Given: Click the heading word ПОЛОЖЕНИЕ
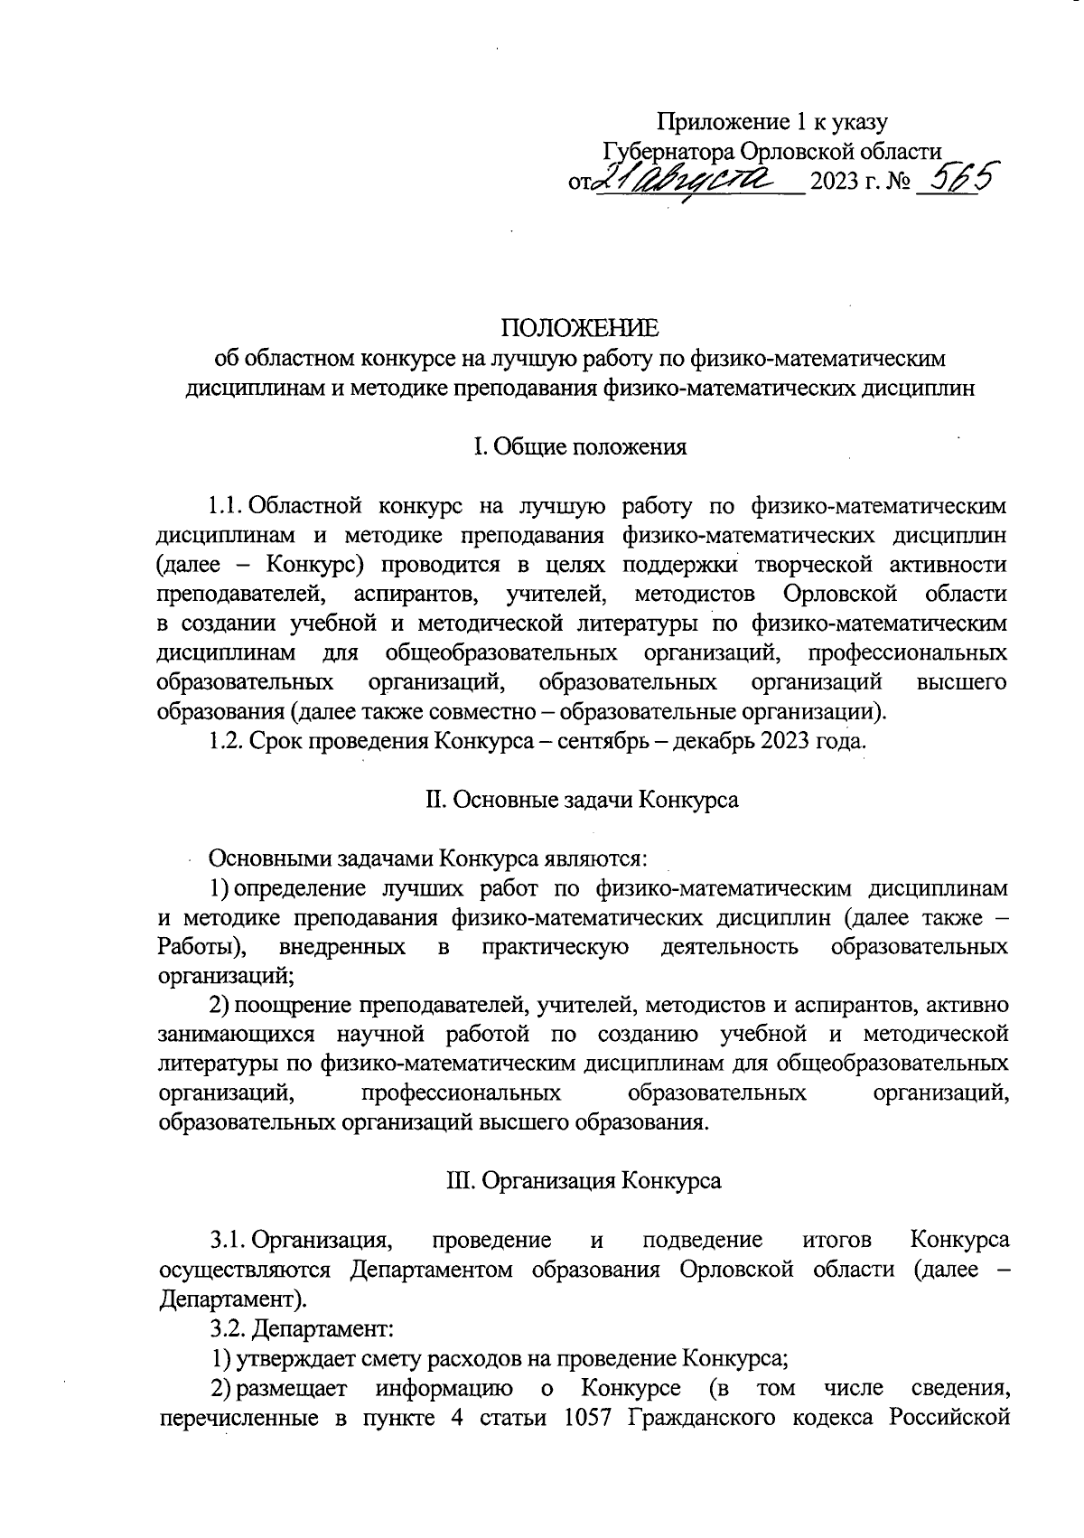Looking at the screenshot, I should (x=580, y=328).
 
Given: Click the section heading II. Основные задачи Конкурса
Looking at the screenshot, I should (x=581, y=800).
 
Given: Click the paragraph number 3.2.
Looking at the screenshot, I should (x=227, y=1328).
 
